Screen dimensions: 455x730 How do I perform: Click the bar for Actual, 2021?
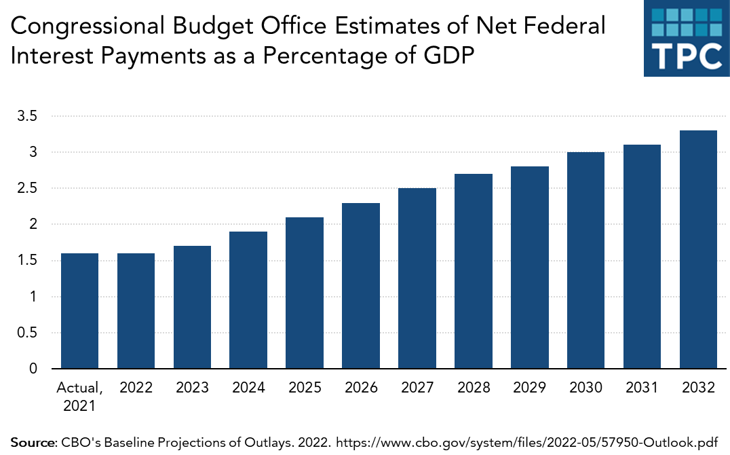(x=79, y=311)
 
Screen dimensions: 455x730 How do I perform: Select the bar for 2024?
(x=248, y=300)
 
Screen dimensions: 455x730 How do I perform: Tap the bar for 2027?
(x=417, y=278)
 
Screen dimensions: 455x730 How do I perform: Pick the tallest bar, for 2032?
(x=698, y=249)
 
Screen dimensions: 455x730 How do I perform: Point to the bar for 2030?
(x=585, y=260)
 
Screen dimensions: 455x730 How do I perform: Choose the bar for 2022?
(x=136, y=311)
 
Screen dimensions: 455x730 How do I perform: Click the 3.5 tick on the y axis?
(x=27, y=116)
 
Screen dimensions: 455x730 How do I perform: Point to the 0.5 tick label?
(x=27, y=333)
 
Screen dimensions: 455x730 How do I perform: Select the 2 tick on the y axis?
(x=31, y=224)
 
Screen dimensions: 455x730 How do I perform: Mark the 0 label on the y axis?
(x=31, y=369)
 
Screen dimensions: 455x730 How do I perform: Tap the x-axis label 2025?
(x=305, y=388)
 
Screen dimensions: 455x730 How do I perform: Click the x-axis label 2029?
(x=530, y=388)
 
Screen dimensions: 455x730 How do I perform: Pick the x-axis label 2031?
(x=642, y=388)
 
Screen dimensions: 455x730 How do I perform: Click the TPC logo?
(x=686, y=38)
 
